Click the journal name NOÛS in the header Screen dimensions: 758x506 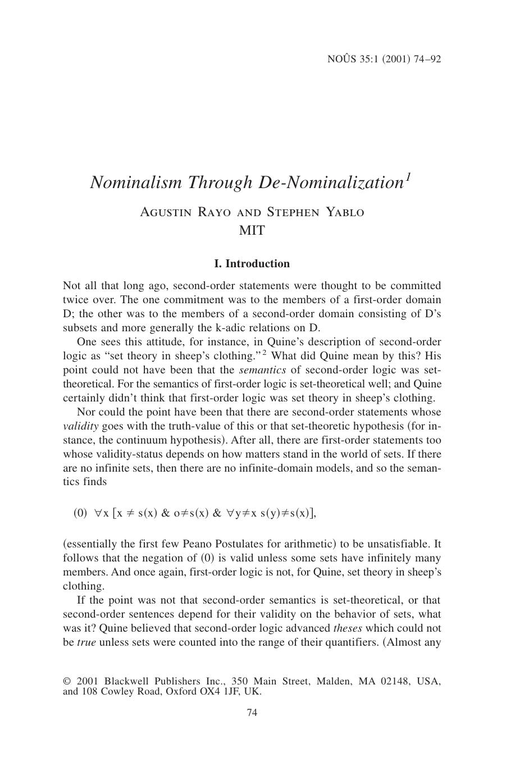coord(340,59)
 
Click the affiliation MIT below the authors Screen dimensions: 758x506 coord(252,230)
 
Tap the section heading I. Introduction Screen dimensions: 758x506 coord(252,264)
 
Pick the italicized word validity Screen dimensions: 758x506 coord(79,426)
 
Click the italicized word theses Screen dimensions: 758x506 coord(348,628)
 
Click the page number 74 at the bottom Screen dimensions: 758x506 coord(252,713)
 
